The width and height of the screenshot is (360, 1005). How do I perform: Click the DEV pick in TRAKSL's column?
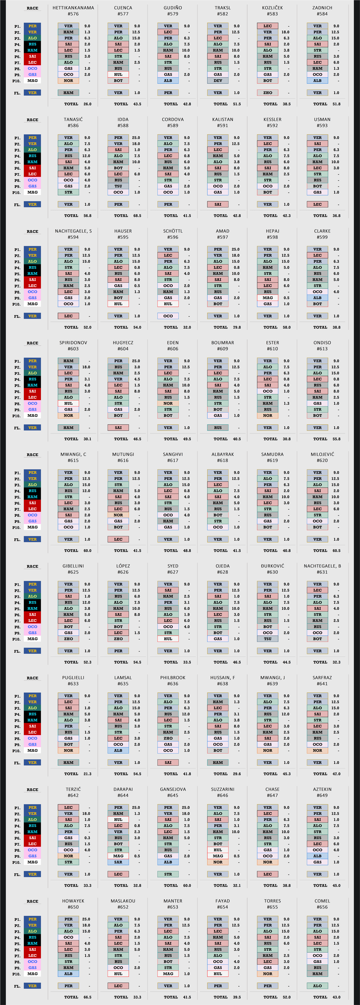[218, 81]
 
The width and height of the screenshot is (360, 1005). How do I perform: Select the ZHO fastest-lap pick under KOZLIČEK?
[267, 93]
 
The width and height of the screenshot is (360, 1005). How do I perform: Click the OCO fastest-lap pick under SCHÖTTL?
[168, 316]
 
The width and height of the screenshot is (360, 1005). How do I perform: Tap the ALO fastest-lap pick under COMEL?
[318, 986]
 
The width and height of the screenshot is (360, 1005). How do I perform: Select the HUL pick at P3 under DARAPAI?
[118, 820]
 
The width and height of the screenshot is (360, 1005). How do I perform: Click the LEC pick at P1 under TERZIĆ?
[68, 808]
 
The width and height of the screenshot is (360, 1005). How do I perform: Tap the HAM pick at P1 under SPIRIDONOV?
[68, 361]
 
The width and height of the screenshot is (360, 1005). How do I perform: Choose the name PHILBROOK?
[173, 678]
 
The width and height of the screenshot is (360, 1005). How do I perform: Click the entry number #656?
[322, 907]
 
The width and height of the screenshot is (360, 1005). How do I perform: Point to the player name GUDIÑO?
[173, 8]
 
